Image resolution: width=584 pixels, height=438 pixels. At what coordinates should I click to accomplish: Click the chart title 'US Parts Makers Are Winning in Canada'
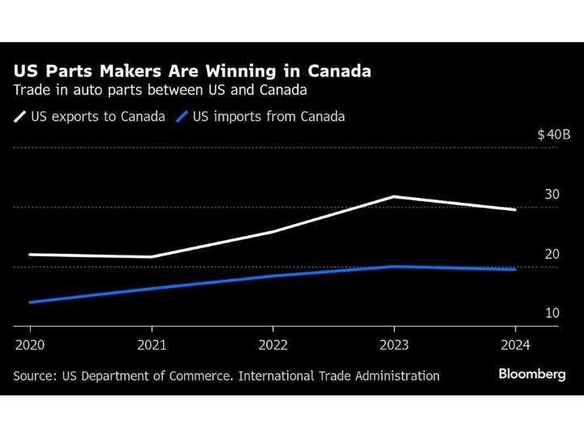[192, 71]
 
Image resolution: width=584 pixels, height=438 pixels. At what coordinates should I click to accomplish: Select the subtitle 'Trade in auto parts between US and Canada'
[160, 91]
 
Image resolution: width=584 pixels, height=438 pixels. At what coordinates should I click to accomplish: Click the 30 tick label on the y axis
[552, 195]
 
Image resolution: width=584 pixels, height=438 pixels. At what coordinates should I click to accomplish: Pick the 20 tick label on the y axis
[552, 255]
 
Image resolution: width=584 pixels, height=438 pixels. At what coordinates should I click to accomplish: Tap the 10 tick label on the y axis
[552, 314]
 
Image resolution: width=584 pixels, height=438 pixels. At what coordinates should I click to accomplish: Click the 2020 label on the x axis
[30, 345]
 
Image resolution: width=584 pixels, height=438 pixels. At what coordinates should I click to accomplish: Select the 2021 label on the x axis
[152, 345]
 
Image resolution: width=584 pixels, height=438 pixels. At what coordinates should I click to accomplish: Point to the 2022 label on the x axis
[273, 345]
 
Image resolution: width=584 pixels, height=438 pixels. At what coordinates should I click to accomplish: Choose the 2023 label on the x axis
[394, 345]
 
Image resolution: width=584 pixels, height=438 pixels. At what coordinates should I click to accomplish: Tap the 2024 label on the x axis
[515, 345]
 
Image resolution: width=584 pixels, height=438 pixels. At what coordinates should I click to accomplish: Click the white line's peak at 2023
[394, 196]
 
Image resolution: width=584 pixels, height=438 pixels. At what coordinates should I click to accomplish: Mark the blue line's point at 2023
[394, 266]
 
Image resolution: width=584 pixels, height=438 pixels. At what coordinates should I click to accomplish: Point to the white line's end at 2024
[515, 209]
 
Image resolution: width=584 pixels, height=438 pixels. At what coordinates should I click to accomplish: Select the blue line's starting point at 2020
[30, 302]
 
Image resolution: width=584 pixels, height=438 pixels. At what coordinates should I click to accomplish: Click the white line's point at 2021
[152, 256]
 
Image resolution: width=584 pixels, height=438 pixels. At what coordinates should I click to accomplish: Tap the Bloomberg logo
[532, 374]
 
